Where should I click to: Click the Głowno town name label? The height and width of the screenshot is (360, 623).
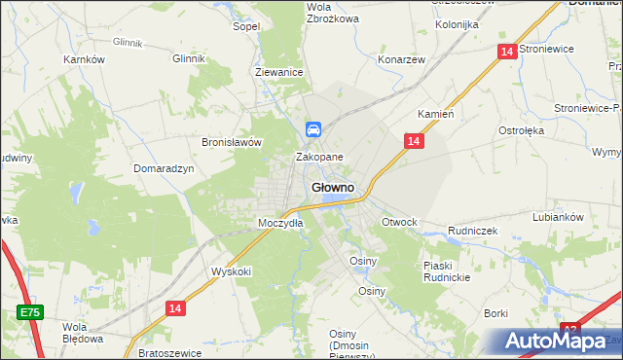point(332,187)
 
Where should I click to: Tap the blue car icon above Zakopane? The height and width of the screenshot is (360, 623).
point(313,128)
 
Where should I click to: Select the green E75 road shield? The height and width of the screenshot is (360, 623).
point(29,312)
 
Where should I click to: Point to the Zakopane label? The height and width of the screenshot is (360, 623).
point(319,157)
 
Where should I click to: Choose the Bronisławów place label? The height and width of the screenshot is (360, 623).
point(233,142)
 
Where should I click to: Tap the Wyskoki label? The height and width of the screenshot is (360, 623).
point(231,272)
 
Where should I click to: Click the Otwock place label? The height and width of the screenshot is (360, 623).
point(399,222)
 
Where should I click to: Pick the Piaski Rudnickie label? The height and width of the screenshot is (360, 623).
point(447,271)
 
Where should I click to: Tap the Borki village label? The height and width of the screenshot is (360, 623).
point(496,313)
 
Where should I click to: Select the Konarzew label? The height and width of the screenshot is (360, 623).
point(402,58)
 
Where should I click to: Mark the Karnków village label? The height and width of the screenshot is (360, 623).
point(84,59)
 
